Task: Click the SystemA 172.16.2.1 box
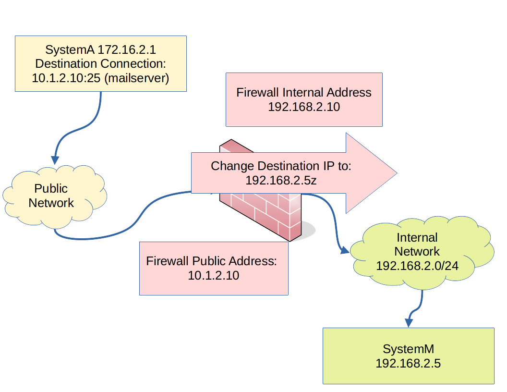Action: pos(100,63)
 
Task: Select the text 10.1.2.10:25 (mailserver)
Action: pos(100,78)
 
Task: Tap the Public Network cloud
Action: pos(51,196)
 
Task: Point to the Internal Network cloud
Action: pos(417,252)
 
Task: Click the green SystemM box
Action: pos(408,356)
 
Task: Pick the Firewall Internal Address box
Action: pos(304,99)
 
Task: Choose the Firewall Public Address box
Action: pos(213,268)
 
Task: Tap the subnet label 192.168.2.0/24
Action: pos(417,266)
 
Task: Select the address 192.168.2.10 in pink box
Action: pos(304,107)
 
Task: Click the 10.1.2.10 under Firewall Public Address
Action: pos(213,276)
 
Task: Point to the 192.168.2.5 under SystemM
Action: pos(408,364)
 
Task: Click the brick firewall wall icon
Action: pos(262,211)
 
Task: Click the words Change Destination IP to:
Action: pos(281,166)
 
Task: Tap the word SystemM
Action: pos(408,349)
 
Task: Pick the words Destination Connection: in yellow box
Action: pos(100,63)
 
